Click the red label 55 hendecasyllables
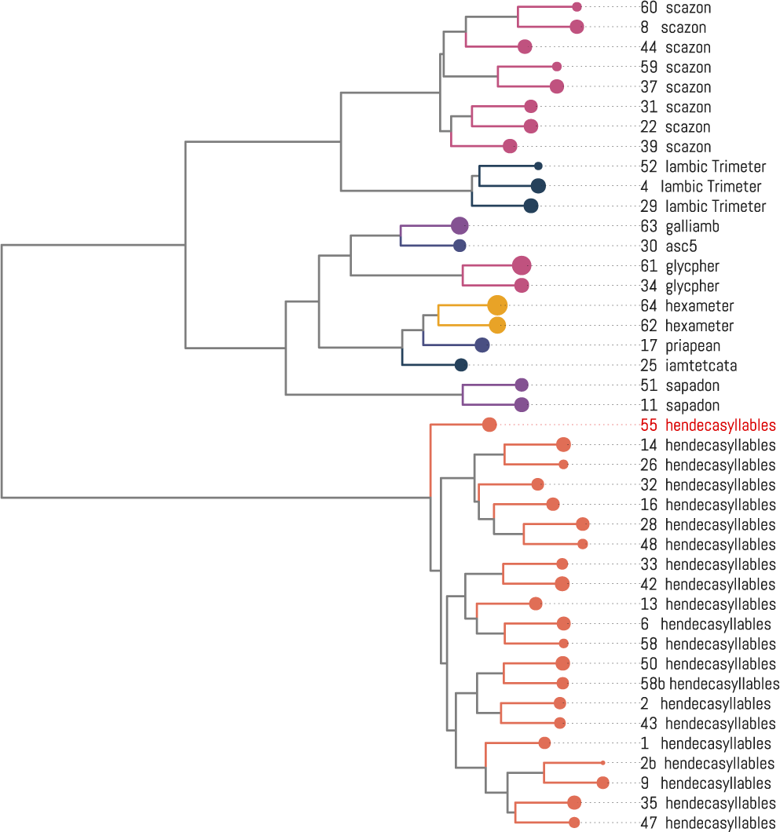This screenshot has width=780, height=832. tap(708, 425)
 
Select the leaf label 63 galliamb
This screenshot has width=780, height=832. tap(679, 227)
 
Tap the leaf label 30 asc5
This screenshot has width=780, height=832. tap(668, 246)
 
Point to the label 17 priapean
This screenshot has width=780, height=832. tap(680, 346)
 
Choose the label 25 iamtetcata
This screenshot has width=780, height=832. tap(689, 366)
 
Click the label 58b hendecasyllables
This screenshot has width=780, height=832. tap(710, 684)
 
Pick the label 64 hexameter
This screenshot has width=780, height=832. tap(687, 305)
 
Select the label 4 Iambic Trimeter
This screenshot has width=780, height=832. tap(701, 186)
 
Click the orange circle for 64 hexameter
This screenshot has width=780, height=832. tap(497, 305)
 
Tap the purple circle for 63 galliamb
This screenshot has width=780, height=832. tap(460, 225)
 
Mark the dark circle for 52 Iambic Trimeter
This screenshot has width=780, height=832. tap(538, 166)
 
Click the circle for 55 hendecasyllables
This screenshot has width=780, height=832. tap(489, 425)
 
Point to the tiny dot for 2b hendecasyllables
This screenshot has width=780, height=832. tap(602, 762)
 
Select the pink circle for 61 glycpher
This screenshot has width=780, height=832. tap(522, 265)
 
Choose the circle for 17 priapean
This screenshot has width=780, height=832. tap(482, 345)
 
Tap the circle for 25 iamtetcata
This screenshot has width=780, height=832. tap(461, 364)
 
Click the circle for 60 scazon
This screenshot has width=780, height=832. tap(577, 7)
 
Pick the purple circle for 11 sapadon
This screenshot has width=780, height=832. tap(522, 404)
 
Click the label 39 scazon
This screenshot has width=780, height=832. tap(676, 147)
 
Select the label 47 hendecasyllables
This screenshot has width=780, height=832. tap(708, 823)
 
